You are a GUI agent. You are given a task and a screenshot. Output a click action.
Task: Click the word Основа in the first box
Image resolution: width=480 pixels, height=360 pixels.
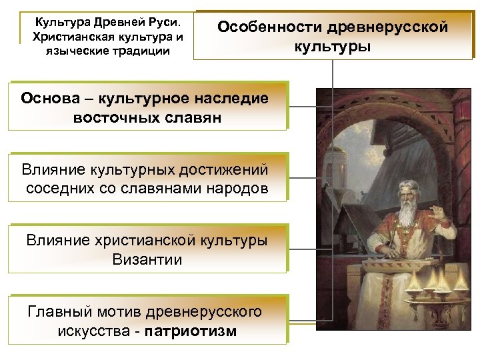point(53,99)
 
